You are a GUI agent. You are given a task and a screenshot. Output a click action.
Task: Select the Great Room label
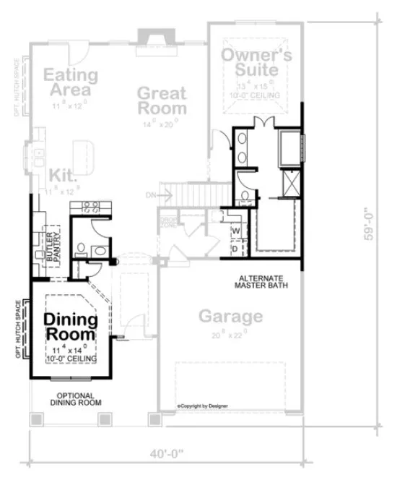point(162,101)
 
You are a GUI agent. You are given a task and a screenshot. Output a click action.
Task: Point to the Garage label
point(230,316)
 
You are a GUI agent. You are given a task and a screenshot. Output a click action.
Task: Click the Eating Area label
point(70,82)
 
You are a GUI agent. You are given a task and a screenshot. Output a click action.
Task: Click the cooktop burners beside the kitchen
point(90,207)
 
